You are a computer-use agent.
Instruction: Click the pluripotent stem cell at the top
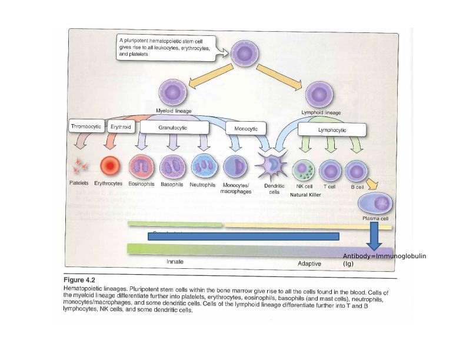pos(244,54)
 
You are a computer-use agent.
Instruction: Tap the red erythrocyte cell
pos(109,167)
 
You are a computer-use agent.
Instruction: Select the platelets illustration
pos(79,166)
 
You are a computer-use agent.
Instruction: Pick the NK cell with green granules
pos(304,170)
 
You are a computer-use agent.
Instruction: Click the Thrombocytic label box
pos(86,126)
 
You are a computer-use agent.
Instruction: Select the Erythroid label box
pos(121,126)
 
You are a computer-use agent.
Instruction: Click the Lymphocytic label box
pos(332,130)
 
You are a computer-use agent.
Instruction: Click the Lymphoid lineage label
pos(321,112)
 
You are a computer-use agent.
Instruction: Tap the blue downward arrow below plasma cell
pos(375,238)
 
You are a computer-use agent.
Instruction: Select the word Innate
pos(176,261)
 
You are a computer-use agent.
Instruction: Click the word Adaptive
pos(309,264)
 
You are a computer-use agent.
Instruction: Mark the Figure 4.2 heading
pos(79,281)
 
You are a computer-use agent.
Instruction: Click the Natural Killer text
pos(306,194)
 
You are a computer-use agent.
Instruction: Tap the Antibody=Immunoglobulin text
pos(384,256)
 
